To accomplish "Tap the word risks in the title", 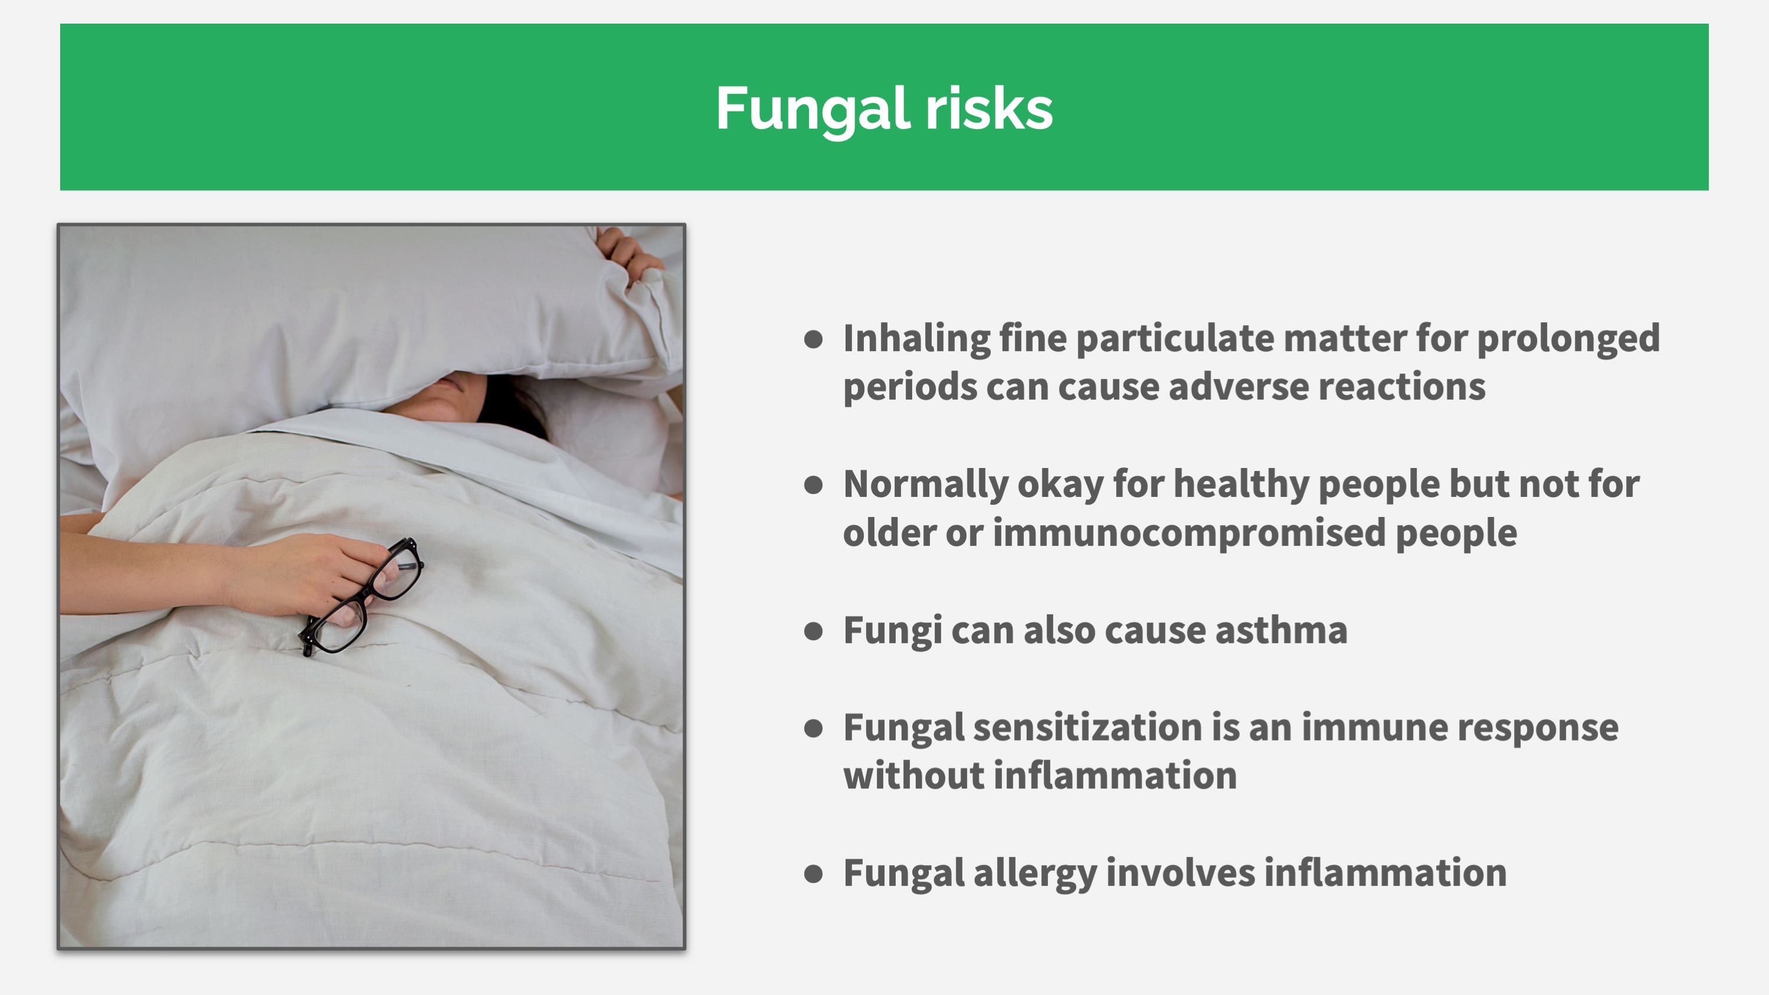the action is tap(990, 108).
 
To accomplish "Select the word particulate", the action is tap(1175, 339).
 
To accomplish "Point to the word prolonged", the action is tap(1568, 339).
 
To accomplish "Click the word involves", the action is tap(1181, 873).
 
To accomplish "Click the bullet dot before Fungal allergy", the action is tap(814, 874).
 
